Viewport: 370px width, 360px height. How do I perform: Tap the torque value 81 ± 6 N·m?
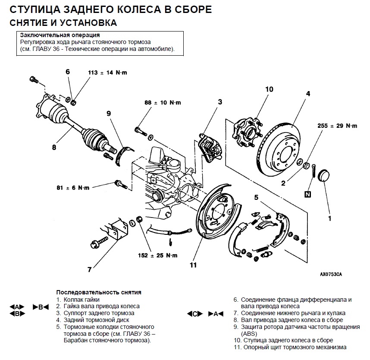72,188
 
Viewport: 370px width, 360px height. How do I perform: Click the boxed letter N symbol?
307,194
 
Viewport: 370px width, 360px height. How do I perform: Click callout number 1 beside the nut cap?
329,218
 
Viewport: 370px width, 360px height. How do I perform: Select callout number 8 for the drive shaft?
54,147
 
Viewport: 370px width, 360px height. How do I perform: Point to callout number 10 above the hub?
269,89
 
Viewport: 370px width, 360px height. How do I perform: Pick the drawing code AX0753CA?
331,274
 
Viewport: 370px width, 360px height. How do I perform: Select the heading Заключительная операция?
60,35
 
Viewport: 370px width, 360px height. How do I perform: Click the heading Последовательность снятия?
99,292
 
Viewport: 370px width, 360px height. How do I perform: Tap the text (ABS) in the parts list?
249,334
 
